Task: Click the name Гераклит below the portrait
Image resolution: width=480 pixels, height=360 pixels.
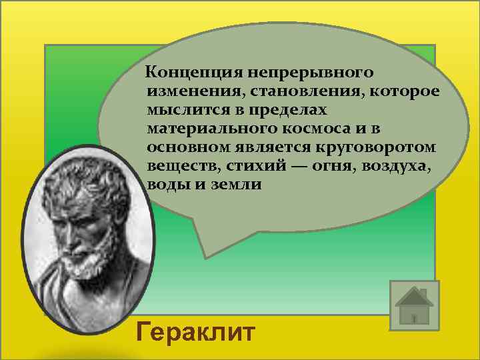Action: [194, 331]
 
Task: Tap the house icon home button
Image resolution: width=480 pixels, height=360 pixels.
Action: [413, 306]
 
